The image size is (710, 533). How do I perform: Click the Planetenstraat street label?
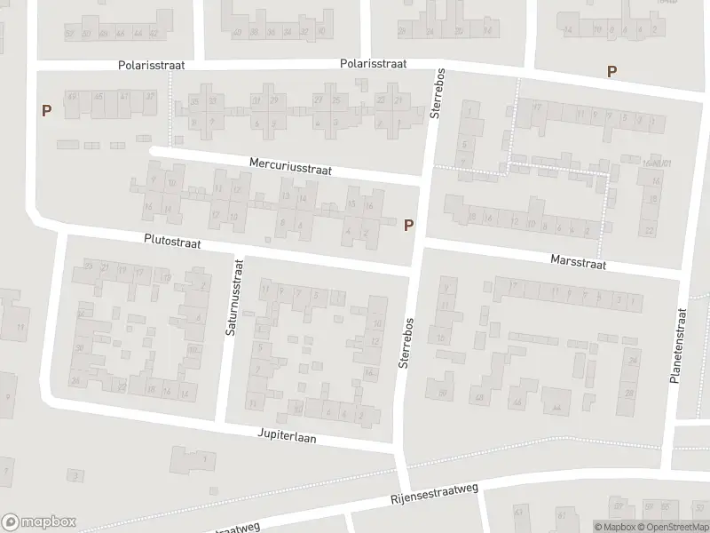(682, 346)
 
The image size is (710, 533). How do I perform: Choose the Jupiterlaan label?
(288, 438)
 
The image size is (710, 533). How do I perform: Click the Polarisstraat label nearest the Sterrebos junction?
(373, 64)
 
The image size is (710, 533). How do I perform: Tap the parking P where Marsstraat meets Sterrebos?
(408, 226)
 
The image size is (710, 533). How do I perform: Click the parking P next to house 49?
(46, 111)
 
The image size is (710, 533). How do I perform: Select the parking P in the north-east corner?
(611, 71)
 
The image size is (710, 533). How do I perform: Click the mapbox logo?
(39, 522)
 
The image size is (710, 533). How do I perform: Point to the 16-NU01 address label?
(655, 163)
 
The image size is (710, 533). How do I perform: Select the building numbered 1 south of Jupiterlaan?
(206, 458)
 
